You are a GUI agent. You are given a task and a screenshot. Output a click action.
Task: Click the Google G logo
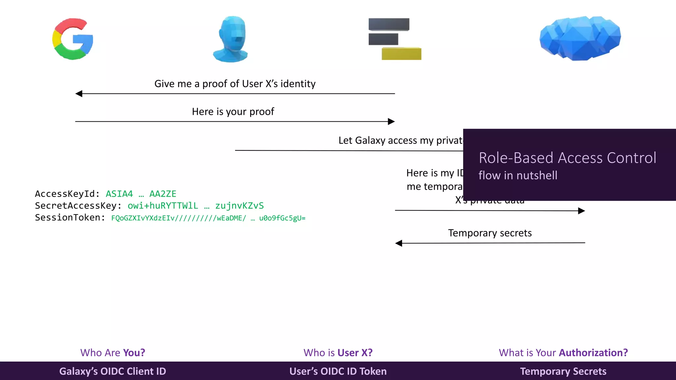73,39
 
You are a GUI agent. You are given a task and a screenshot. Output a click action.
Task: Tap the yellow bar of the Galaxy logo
401,54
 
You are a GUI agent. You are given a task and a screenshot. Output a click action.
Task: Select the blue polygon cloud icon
580,38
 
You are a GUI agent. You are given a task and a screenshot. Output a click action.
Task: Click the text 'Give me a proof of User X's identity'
235,84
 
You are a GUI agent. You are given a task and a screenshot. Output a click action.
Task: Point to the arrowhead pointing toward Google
79,94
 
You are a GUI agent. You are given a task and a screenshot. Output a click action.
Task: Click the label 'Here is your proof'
233,112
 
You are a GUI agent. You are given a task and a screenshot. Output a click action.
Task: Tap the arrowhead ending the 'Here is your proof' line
391,121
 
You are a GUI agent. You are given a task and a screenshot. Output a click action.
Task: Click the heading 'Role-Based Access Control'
567,158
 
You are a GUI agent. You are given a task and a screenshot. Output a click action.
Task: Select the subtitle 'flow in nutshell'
518,175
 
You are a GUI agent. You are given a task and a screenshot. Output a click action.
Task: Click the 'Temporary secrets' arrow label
490,233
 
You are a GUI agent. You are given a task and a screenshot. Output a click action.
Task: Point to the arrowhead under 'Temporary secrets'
399,243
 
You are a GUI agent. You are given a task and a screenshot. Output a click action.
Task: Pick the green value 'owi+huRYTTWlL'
163,206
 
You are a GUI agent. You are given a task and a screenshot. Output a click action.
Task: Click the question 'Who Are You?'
113,353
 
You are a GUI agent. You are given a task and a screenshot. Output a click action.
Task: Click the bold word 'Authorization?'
593,353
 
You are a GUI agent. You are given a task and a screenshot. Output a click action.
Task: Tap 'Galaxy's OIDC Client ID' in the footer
113,371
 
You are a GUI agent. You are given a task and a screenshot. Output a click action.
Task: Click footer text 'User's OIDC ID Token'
338,371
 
